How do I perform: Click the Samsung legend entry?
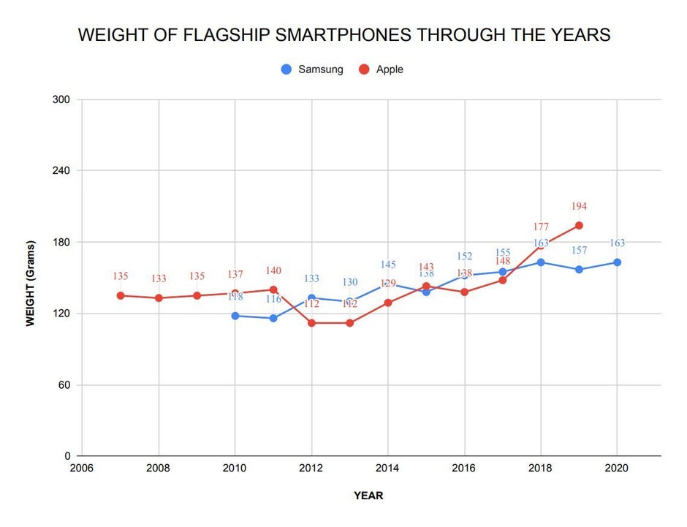312,69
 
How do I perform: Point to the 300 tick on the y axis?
60,99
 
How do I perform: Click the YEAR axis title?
368,496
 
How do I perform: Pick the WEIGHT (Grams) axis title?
31,282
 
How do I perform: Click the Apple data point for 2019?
579,225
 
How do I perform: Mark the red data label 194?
579,207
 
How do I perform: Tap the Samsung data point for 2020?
617,262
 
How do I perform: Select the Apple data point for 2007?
121,295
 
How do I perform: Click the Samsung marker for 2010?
235,316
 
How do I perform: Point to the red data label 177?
541,227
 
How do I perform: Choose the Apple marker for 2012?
311,323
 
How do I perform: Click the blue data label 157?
579,251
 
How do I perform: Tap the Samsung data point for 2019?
579,270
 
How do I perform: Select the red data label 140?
273,271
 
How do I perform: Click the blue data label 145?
388,265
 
